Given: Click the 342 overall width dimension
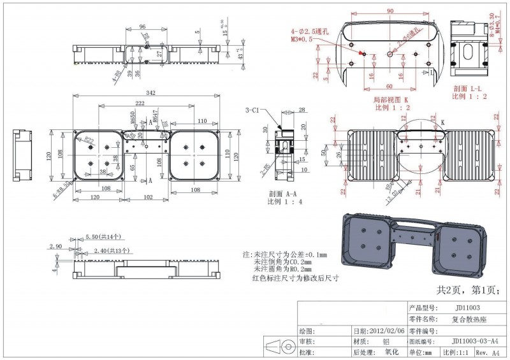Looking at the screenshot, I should (150, 93).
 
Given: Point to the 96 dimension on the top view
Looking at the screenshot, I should (142, 27).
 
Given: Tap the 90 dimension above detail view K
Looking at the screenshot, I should (390, 11).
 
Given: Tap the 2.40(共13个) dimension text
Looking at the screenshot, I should (112, 250).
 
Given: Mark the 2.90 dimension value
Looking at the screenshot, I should (54, 245).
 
